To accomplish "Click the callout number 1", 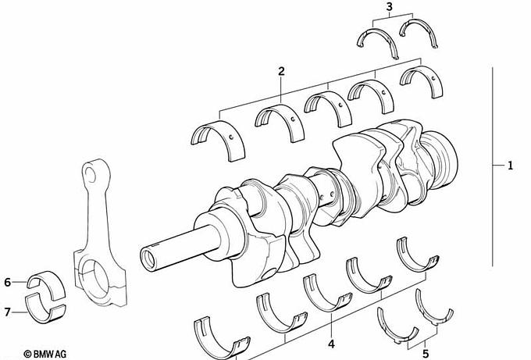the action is [x=510, y=166].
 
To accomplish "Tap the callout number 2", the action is [x=281, y=71].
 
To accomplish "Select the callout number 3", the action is [x=390, y=6].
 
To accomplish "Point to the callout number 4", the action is [x=331, y=344].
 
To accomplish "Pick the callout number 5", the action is [x=426, y=354].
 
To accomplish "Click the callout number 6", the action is [x=8, y=282].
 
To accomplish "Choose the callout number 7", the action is [x=8, y=312].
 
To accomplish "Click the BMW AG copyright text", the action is [x=45, y=354].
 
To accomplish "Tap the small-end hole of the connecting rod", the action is [x=91, y=174].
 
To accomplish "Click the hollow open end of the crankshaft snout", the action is [x=148, y=259].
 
